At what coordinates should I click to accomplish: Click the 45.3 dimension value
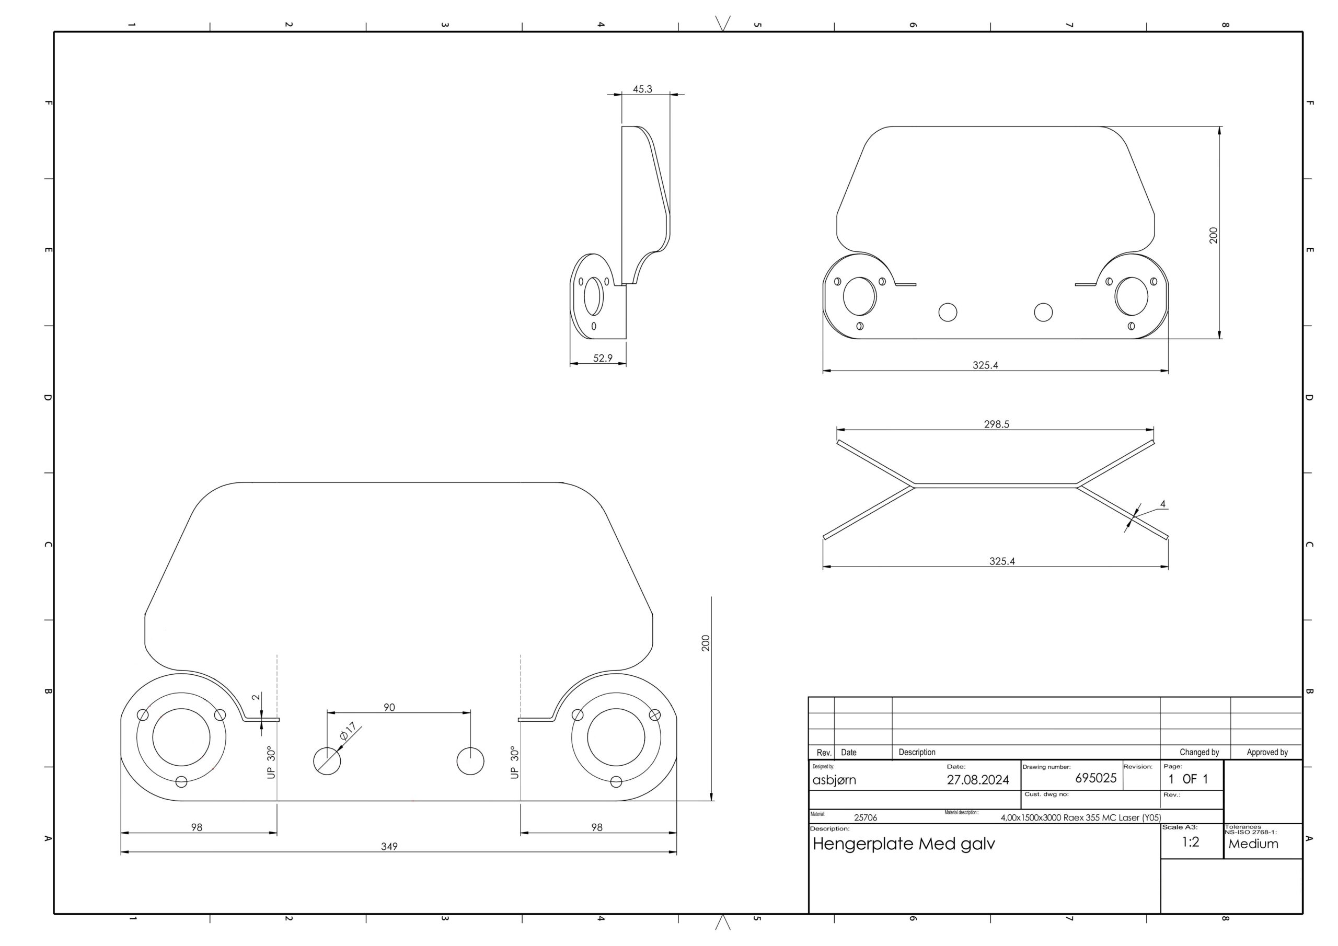[642, 89]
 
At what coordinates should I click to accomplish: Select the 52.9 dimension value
[603, 358]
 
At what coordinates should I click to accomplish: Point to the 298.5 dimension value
[997, 424]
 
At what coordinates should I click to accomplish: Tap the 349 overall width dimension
[389, 846]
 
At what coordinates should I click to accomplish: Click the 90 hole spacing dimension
[389, 707]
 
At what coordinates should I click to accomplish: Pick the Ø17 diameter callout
[348, 732]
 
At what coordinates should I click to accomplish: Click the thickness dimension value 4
[1162, 504]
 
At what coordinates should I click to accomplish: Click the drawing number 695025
[1095, 778]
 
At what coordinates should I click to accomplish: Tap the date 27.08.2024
[978, 780]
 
